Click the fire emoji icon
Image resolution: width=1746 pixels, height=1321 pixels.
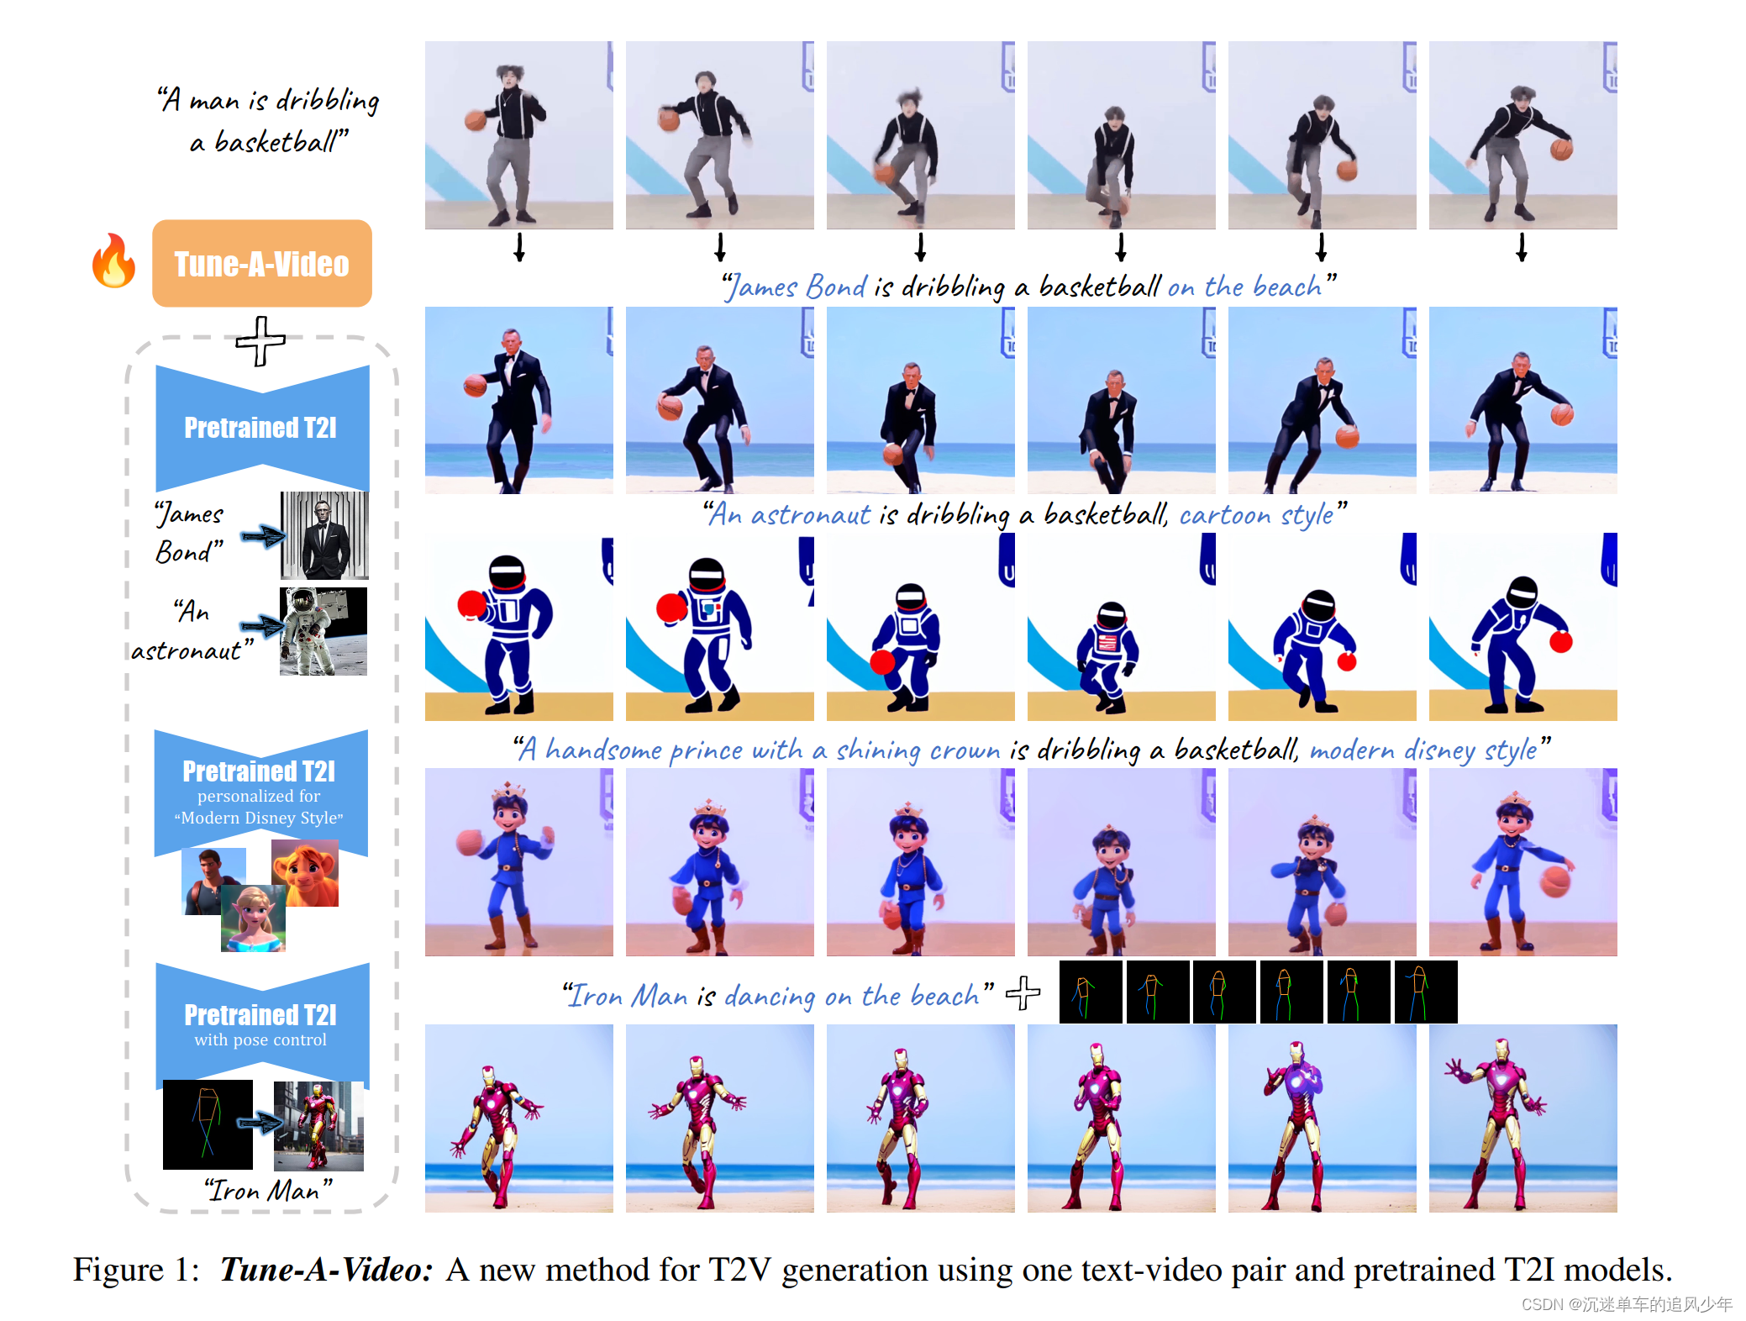tap(113, 261)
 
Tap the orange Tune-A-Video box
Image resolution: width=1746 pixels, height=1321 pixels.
tap(261, 264)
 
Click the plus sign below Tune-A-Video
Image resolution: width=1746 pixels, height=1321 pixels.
tap(260, 341)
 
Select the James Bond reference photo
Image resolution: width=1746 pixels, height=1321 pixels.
tap(323, 535)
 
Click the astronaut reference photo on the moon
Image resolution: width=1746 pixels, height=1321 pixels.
tap(323, 631)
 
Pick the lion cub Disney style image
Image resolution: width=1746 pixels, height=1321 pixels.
tap(305, 875)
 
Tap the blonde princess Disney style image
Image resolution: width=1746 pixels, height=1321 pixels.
tap(253, 919)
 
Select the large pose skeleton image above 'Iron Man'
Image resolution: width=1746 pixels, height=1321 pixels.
tap(208, 1124)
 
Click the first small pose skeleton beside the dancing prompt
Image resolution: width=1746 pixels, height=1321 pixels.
tap(1090, 992)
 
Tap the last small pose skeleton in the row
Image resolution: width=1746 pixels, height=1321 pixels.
tap(1425, 992)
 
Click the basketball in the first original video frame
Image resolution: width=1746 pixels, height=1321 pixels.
tap(476, 120)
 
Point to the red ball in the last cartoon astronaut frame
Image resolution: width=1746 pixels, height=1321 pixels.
tap(1560, 642)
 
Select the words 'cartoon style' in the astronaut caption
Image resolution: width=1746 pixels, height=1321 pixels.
tap(1255, 514)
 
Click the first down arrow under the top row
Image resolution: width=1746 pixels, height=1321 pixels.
tap(519, 248)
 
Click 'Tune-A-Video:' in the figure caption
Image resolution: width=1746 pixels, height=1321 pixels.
tap(326, 1270)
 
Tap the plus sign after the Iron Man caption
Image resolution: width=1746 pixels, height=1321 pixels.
tap(1023, 993)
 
